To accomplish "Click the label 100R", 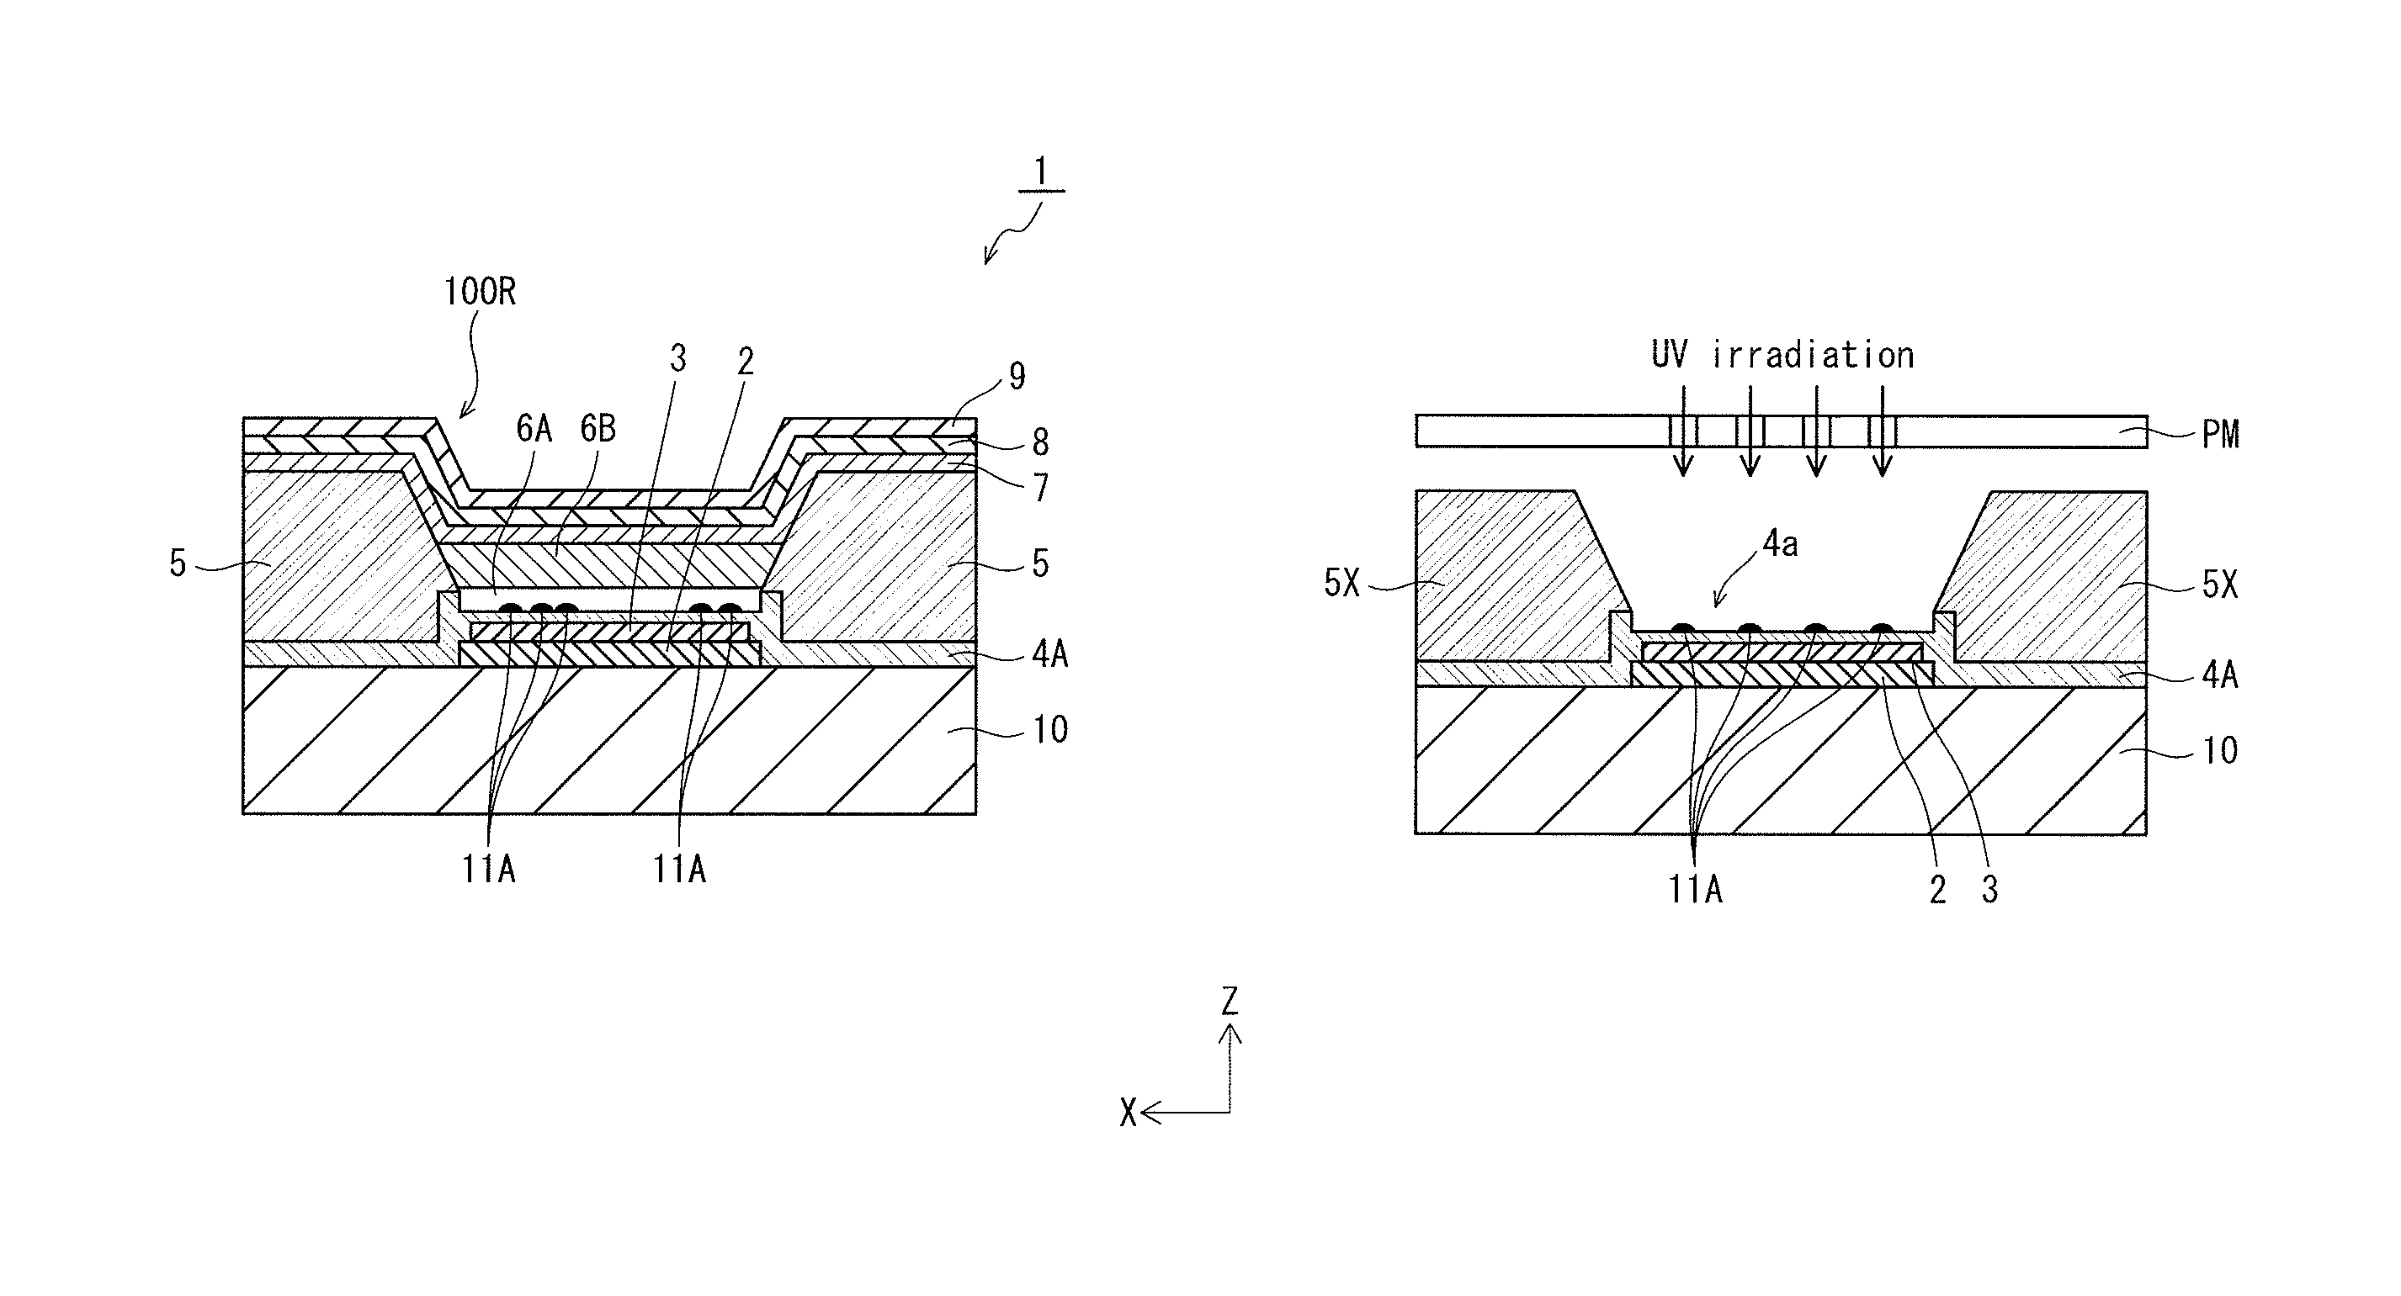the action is [x=480, y=293].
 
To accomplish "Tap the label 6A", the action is [x=534, y=429].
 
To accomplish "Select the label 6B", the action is [x=598, y=429].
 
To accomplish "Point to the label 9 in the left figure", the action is [x=1017, y=377].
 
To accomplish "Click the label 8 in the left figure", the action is [x=1040, y=442].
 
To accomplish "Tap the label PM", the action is [x=2220, y=434].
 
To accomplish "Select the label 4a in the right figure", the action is [x=1780, y=544].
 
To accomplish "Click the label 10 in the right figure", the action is [x=2220, y=751].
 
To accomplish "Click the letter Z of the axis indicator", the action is [x=1230, y=1002].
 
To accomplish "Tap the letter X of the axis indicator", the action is [x=1128, y=1113].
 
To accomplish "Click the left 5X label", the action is [x=1342, y=585].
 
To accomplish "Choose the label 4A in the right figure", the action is [x=2220, y=674].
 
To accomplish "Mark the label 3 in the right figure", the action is [x=1990, y=891].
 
